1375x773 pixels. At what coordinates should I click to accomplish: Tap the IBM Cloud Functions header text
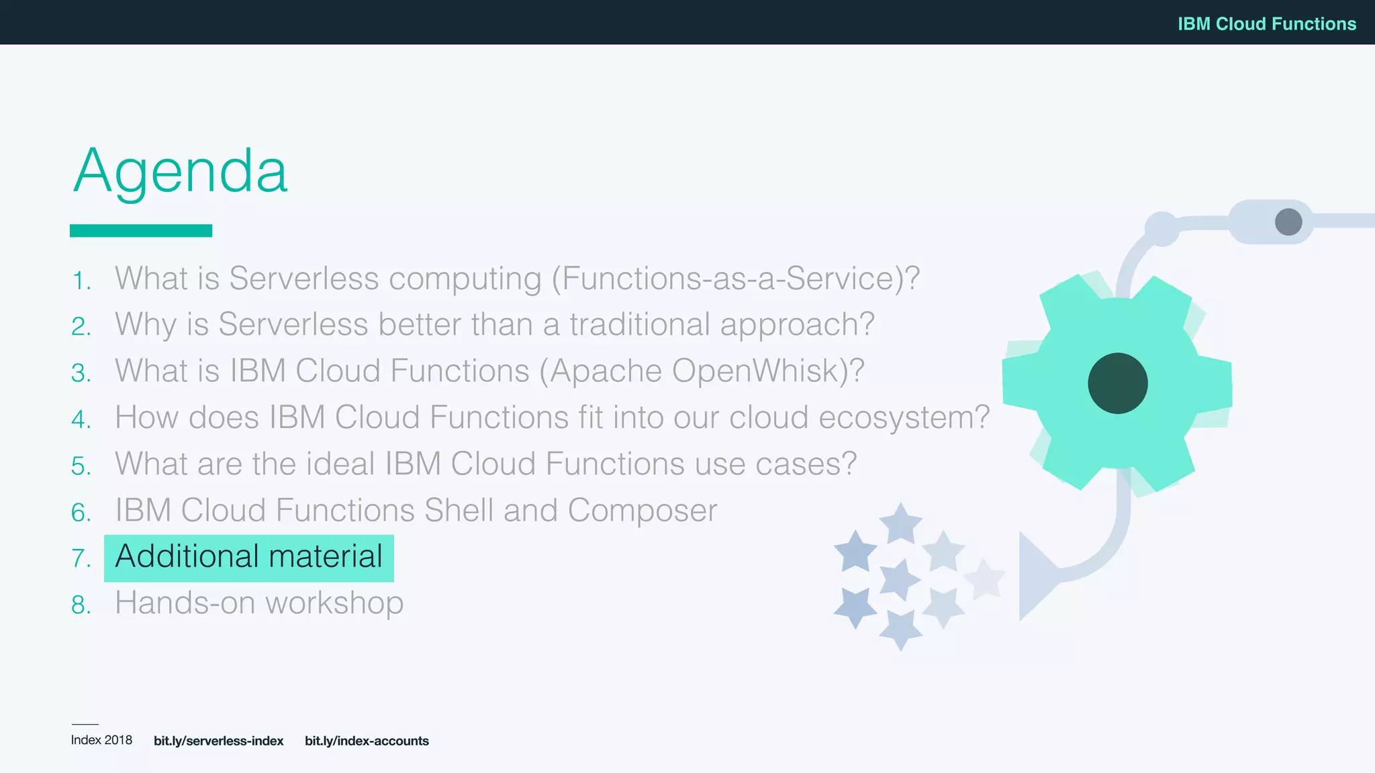click(x=1266, y=23)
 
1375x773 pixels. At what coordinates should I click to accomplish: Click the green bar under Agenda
click(x=141, y=230)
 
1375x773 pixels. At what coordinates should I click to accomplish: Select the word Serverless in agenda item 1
click(x=303, y=278)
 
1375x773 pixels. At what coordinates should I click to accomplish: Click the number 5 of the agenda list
click(x=80, y=466)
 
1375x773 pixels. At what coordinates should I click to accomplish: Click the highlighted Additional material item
click(x=248, y=557)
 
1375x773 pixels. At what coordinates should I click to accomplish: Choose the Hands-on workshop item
click(x=259, y=603)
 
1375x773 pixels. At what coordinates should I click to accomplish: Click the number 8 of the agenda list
click(x=80, y=605)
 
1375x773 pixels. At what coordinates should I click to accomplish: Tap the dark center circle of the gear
click(x=1117, y=383)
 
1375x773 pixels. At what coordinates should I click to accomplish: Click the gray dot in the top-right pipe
click(x=1288, y=221)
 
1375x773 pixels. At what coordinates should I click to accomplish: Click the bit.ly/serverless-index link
click(x=218, y=741)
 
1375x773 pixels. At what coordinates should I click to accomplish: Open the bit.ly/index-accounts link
click(x=367, y=741)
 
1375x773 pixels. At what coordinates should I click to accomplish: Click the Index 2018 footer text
click(x=101, y=740)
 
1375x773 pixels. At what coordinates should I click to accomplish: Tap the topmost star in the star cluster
click(x=900, y=523)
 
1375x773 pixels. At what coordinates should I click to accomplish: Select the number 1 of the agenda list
click(x=81, y=280)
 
